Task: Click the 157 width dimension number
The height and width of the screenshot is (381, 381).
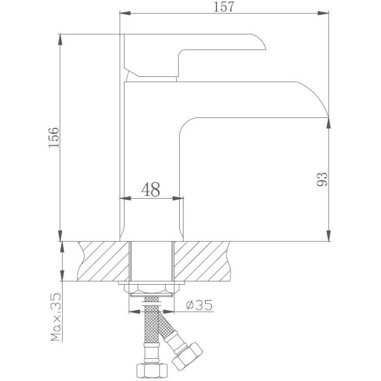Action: [224, 7]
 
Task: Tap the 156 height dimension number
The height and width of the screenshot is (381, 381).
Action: [54, 137]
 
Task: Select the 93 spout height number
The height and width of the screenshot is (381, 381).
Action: [322, 179]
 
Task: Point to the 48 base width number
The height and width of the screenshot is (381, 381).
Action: [150, 189]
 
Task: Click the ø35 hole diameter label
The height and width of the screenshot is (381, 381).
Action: [199, 305]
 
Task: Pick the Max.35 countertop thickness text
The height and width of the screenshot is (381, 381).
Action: [56, 317]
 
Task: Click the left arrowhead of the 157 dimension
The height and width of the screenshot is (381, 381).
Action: [126, 13]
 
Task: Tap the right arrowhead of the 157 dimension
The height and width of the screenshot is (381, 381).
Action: [324, 13]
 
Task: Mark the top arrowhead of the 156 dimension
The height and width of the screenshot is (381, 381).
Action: [60, 40]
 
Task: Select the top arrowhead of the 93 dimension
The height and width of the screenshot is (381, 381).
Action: [329, 123]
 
